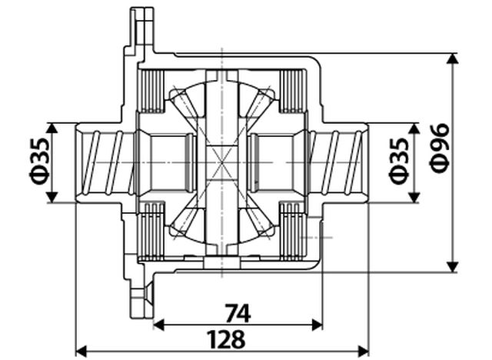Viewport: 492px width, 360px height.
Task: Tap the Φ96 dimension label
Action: pyautogui.click(x=440, y=162)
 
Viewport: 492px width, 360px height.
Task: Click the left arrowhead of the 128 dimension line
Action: pyautogui.click(x=80, y=351)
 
